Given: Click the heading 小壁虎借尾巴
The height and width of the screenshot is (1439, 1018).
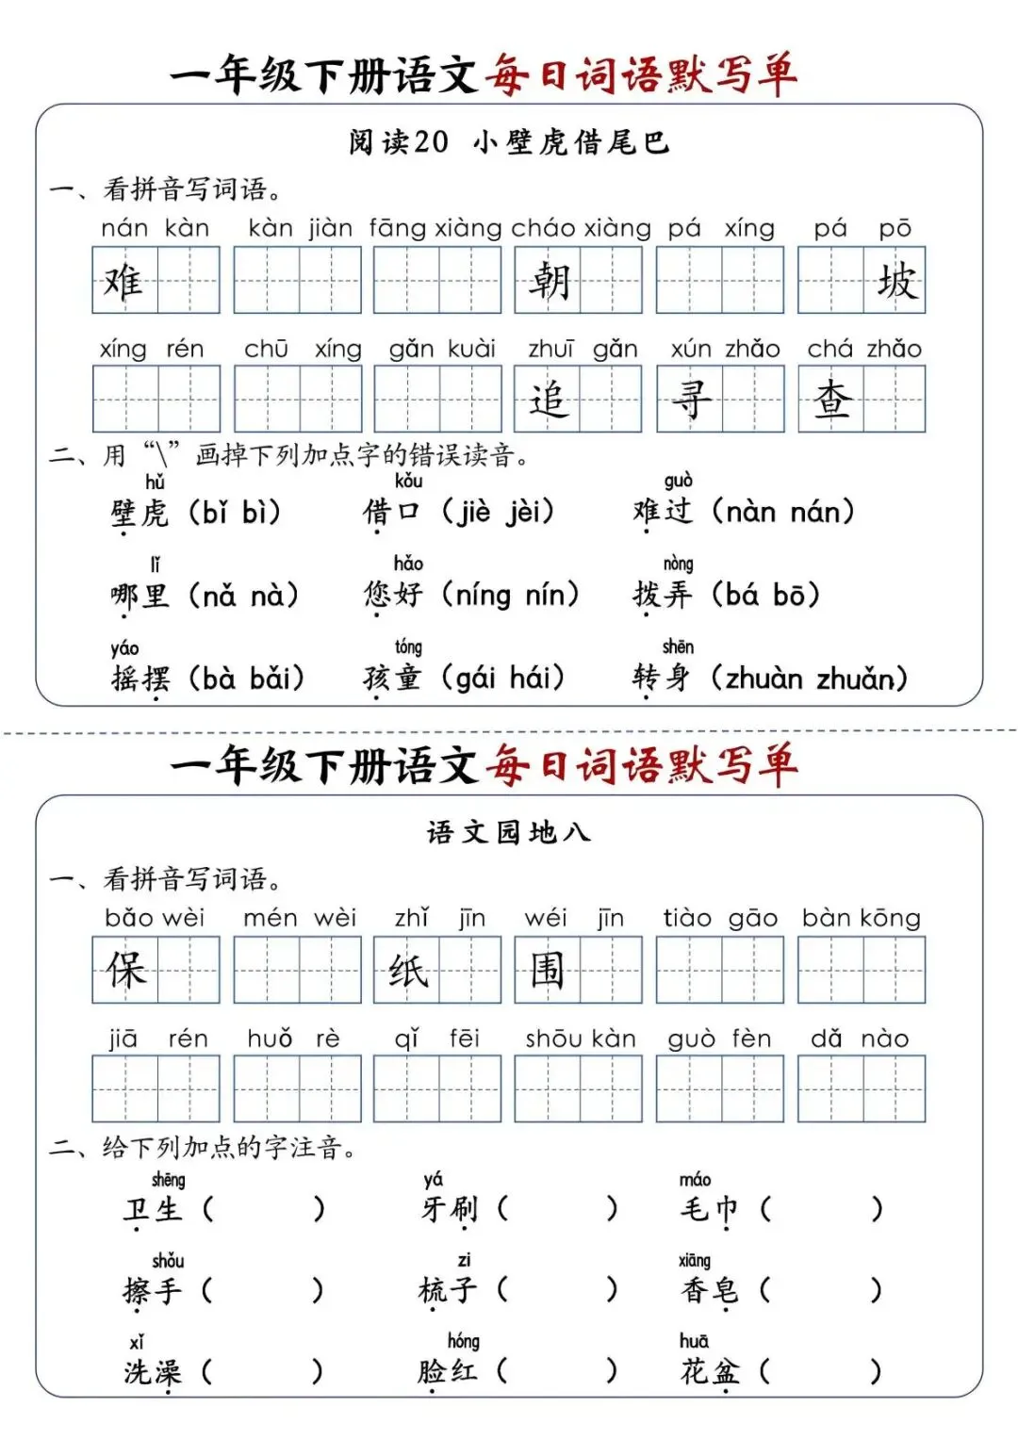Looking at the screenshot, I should pyautogui.click(x=571, y=142).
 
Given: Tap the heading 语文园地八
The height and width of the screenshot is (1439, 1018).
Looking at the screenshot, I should pyautogui.click(x=508, y=832).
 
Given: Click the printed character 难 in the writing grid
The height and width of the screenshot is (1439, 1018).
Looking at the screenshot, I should pyautogui.click(x=123, y=281).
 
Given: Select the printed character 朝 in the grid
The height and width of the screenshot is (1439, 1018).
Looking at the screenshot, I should pyautogui.click(x=549, y=281).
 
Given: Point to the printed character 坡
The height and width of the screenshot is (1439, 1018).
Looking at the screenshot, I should pyautogui.click(x=895, y=281).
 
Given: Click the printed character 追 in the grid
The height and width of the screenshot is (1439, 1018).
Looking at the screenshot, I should pyautogui.click(x=549, y=400).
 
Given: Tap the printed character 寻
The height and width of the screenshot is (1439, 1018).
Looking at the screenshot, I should pyautogui.click(x=690, y=400).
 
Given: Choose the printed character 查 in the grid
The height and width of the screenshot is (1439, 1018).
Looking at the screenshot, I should pyautogui.click(x=831, y=400).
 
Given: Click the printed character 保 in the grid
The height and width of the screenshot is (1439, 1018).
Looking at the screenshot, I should pyautogui.click(x=125, y=970).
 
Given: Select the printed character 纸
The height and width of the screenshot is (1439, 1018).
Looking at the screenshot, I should pyautogui.click(x=407, y=970).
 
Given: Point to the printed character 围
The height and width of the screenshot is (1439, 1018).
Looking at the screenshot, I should pyautogui.click(x=547, y=970).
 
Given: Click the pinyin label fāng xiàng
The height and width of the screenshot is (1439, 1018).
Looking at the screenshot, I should pyautogui.click(x=435, y=228).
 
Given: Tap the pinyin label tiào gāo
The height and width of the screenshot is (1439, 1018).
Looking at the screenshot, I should pyautogui.click(x=720, y=918).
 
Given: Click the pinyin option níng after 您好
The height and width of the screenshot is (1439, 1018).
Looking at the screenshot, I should pyautogui.click(x=483, y=596).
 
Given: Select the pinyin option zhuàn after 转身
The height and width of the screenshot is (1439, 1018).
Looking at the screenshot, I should pyautogui.click(x=763, y=679).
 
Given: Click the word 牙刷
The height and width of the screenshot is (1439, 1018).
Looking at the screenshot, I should pyautogui.click(x=451, y=1208).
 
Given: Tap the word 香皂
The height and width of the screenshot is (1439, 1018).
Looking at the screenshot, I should pyautogui.click(x=710, y=1289).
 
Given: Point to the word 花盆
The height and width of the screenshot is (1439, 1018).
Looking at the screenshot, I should pyautogui.click(x=710, y=1371).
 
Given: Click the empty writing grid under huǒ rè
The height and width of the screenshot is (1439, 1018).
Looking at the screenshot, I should pyautogui.click(x=298, y=1088).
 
